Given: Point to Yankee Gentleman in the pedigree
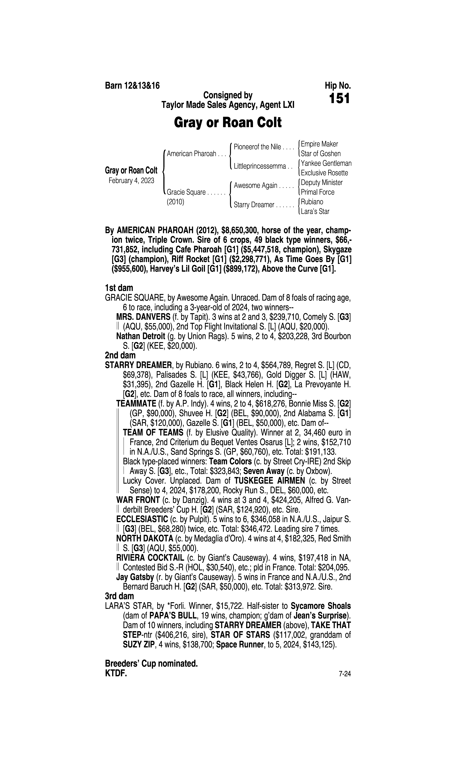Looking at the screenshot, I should click(326, 163).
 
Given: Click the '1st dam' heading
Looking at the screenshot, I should click(119, 288).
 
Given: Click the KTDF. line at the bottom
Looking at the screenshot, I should click(116, 674).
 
